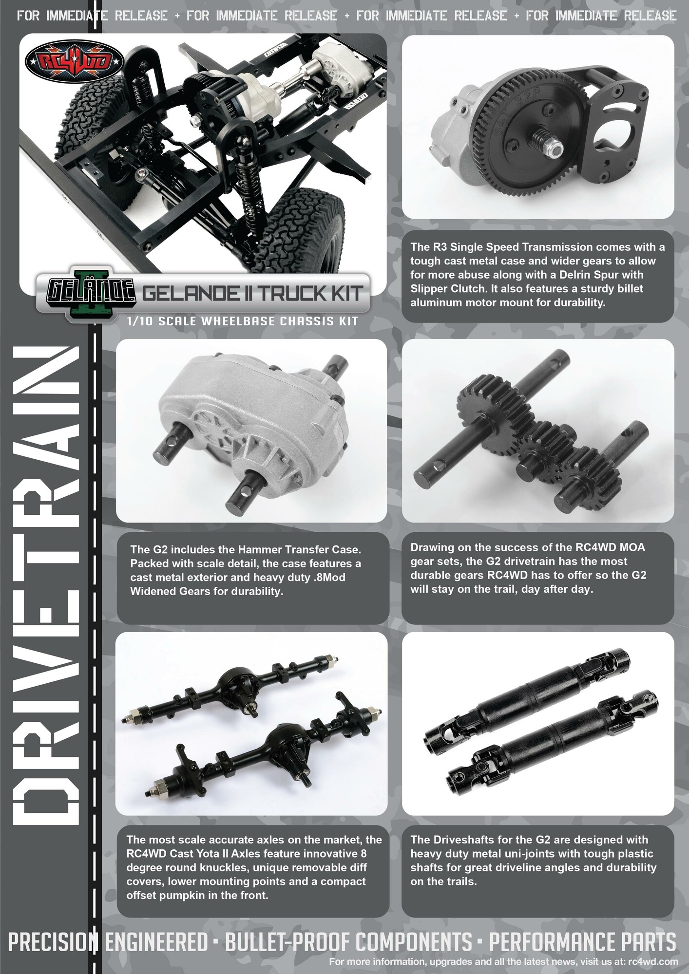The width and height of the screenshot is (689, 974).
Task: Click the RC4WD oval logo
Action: click(x=75, y=62)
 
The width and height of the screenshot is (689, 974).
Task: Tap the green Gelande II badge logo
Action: click(x=91, y=293)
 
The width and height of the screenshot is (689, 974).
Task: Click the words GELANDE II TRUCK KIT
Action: click(x=252, y=294)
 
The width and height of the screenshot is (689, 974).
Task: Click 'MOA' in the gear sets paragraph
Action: click(x=632, y=547)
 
